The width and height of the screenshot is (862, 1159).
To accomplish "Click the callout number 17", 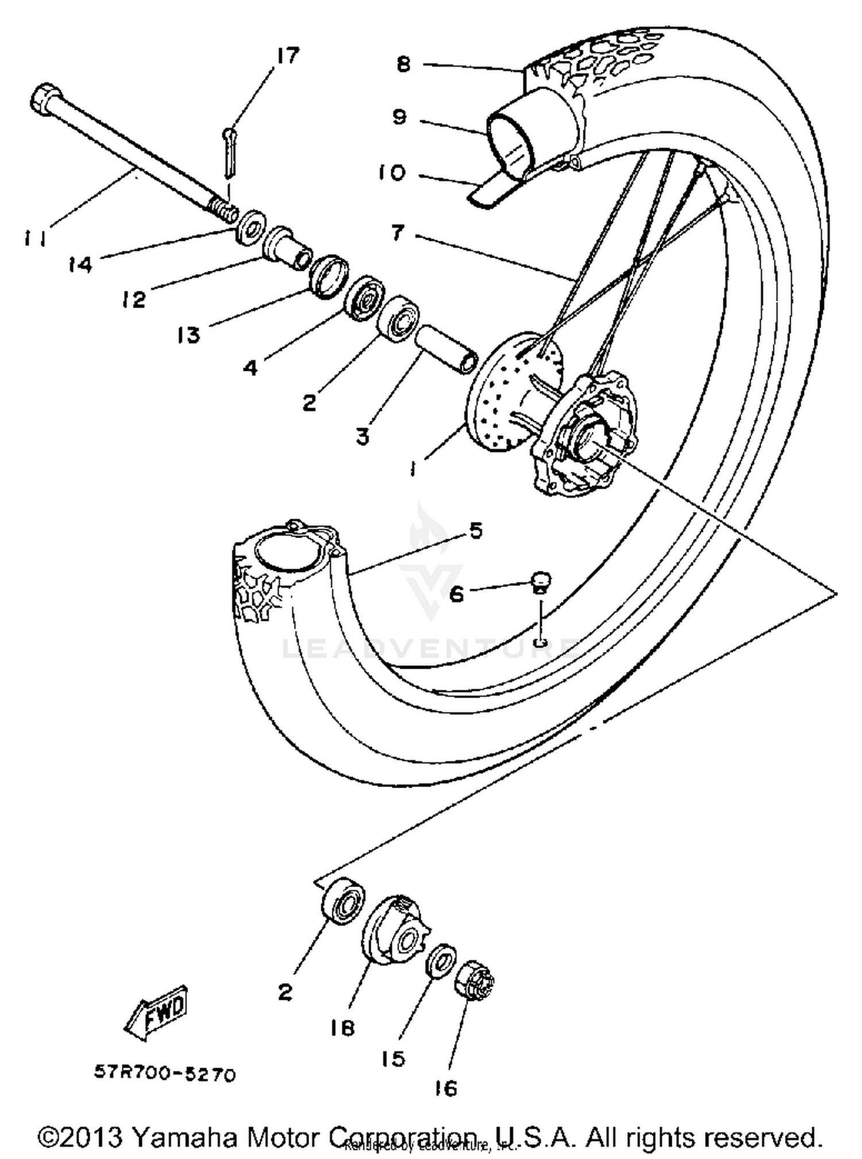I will click(x=288, y=56).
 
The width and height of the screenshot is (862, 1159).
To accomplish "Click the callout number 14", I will click(x=80, y=264).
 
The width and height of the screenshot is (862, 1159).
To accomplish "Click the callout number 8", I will click(x=403, y=64).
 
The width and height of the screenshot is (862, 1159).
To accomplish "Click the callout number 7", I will click(x=398, y=233).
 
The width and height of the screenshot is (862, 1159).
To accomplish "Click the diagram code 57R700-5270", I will click(x=165, y=1074).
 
